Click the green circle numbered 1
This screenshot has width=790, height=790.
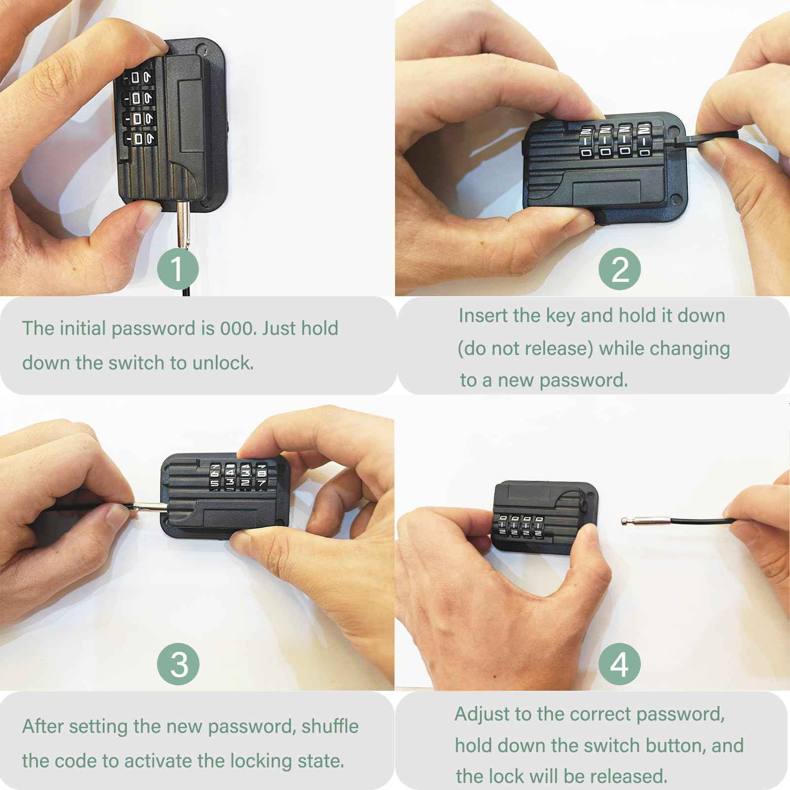click(178, 269)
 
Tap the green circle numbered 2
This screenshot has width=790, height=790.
click(620, 269)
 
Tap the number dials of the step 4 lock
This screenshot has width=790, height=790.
click(518, 526)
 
